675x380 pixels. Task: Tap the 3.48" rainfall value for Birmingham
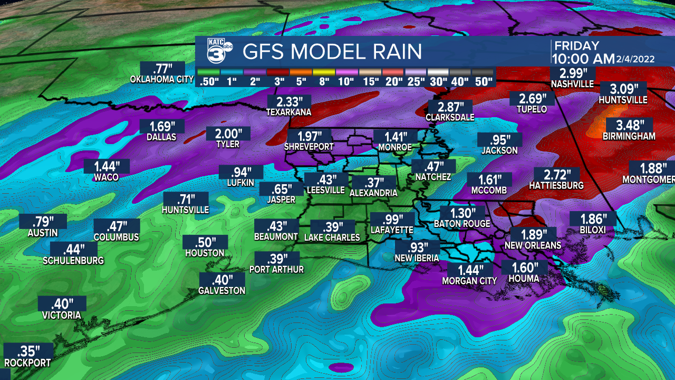coord(630,126)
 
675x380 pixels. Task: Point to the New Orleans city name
coord(533,245)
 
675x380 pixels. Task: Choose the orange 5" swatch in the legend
coord(300,72)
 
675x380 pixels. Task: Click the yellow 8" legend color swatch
coord(323,72)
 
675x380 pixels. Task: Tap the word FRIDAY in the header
coord(576,46)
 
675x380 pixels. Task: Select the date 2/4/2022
coord(635,59)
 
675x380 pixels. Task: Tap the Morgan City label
coord(469,281)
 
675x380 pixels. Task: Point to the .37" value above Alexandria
coord(373,183)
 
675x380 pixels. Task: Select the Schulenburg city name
coord(73,260)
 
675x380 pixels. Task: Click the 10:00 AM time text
coord(583,58)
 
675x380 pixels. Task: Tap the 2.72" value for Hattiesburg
coord(556,175)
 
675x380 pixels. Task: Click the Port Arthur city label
coord(277,269)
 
